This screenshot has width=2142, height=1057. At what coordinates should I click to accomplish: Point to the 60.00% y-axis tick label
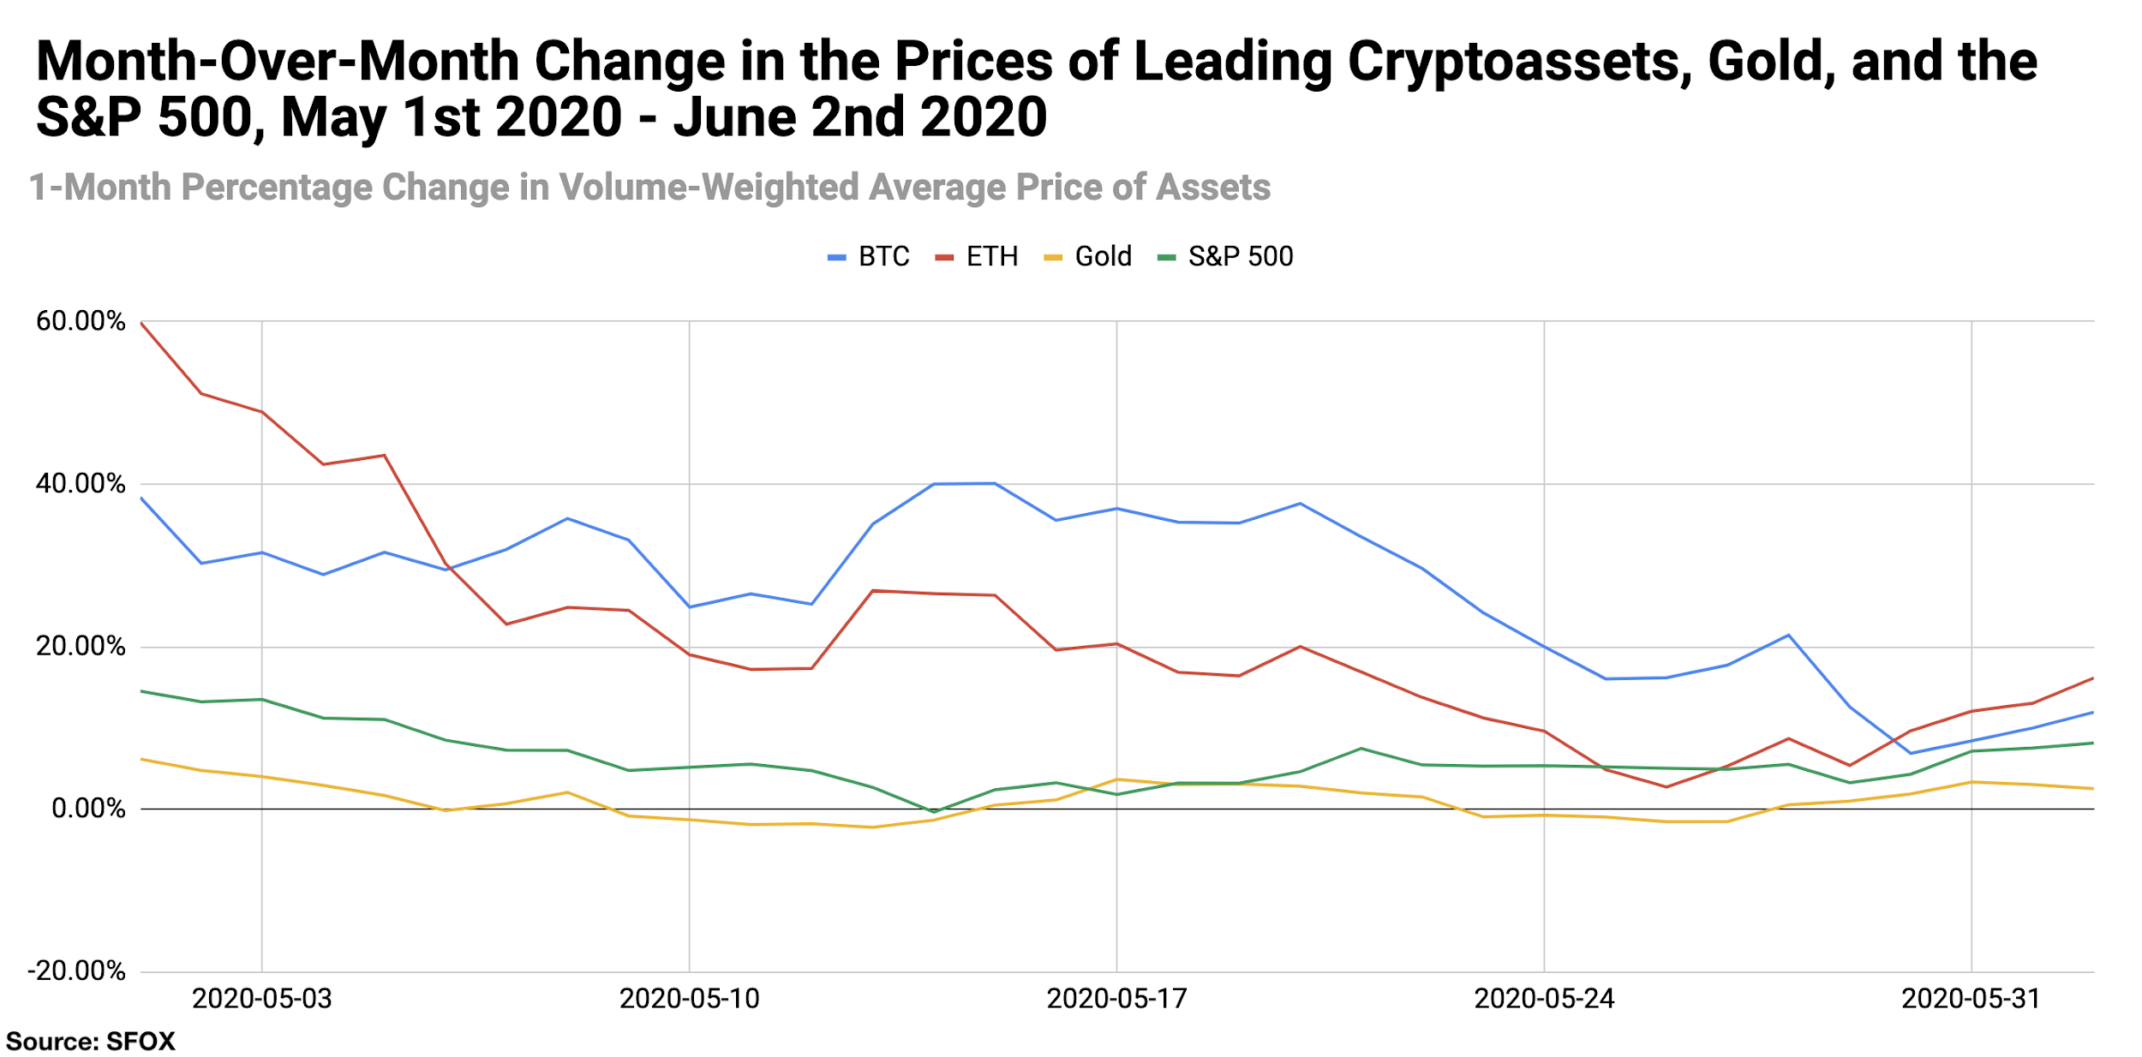(x=81, y=321)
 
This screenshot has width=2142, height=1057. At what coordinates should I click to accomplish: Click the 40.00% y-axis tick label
(x=81, y=483)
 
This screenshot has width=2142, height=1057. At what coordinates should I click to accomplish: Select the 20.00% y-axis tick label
(x=81, y=646)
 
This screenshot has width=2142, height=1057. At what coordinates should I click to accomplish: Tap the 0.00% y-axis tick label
(x=88, y=808)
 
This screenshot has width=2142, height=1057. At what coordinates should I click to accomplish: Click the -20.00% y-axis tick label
(x=76, y=970)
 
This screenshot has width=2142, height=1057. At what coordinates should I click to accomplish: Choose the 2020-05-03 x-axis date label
(x=261, y=999)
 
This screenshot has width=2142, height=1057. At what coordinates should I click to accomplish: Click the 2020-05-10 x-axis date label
(x=689, y=999)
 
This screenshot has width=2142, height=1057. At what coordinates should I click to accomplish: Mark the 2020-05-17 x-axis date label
(x=1116, y=999)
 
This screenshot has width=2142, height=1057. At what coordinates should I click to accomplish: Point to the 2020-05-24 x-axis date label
(x=1544, y=999)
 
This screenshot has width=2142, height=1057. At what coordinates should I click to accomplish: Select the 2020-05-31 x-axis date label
(x=1971, y=999)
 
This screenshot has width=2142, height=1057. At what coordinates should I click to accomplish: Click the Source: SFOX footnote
(x=90, y=1042)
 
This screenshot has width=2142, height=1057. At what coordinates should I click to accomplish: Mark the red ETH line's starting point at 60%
(x=141, y=323)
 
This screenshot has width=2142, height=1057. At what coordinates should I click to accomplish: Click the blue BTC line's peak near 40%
(x=994, y=483)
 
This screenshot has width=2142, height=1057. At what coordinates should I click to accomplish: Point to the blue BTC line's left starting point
(x=141, y=498)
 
